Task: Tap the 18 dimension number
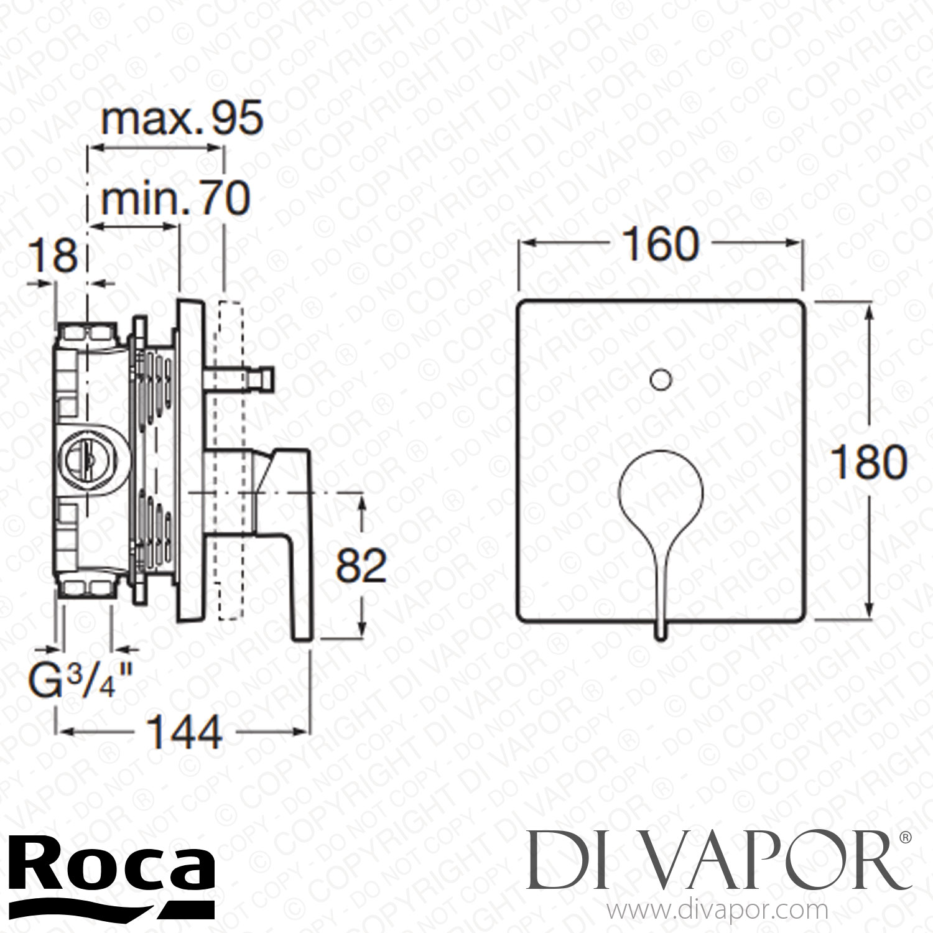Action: click(x=56, y=256)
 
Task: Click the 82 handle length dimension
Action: click(x=361, y=565)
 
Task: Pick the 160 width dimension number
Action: click(x=661, y=244)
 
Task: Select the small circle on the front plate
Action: click(x=661, y=379)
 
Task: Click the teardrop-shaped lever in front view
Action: click(x=661, y=491)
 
